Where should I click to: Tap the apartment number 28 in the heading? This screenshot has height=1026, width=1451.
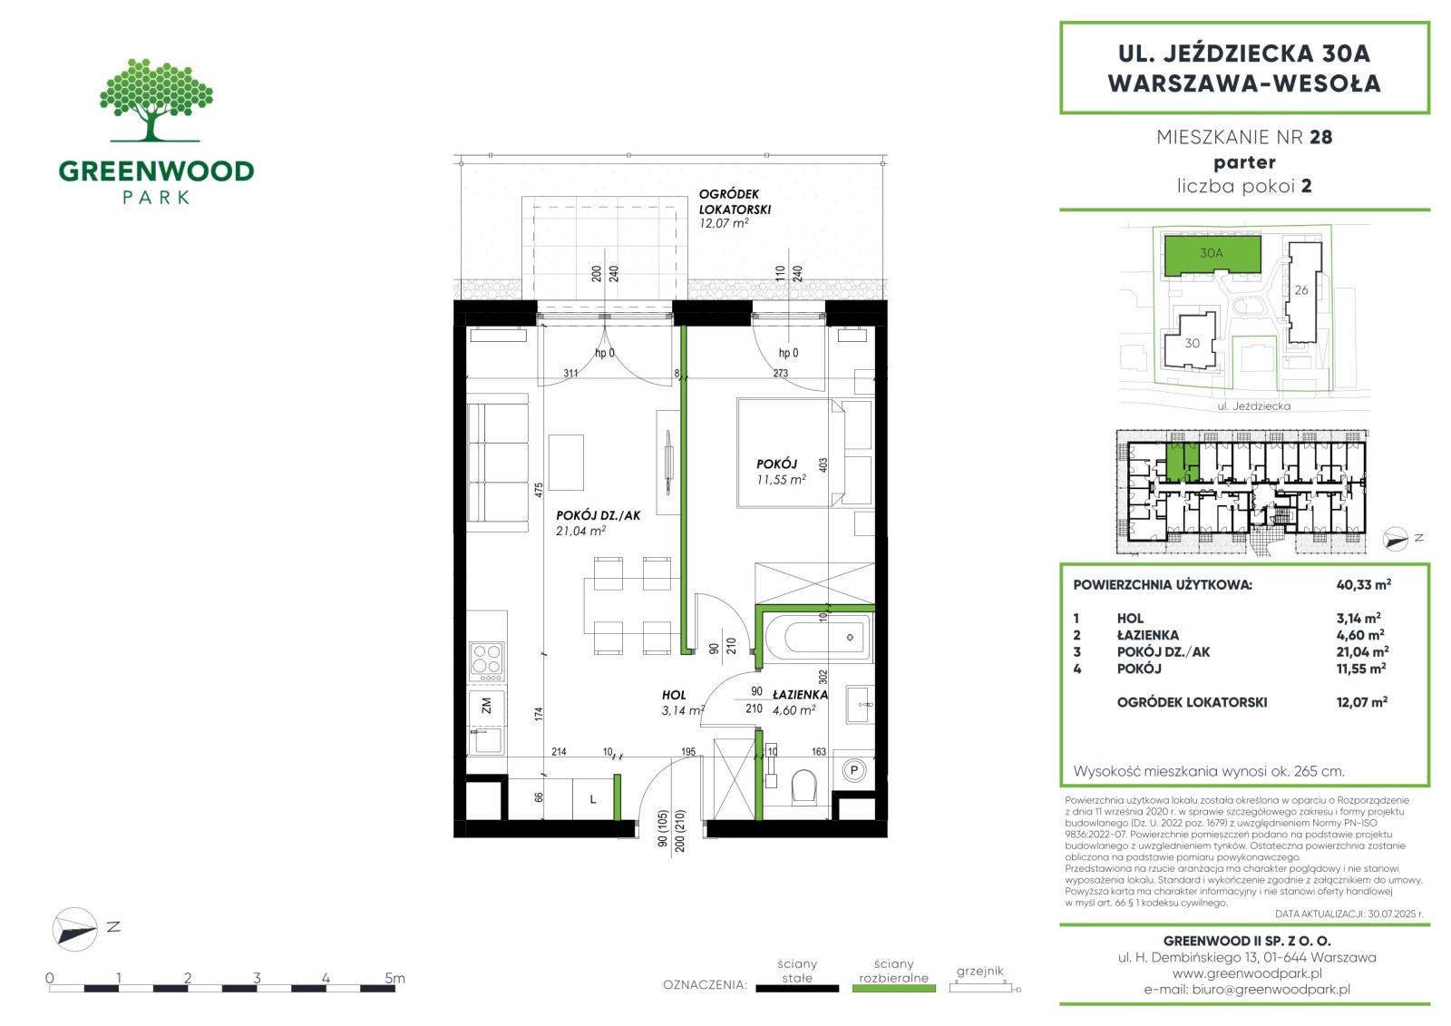[x=1320, y=137]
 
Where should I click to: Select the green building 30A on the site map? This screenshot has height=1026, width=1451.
[x=1212, y=255]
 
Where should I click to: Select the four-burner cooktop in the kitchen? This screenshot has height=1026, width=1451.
[x=486, y=661]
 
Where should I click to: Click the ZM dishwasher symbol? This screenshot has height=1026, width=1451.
[x=486, y=706]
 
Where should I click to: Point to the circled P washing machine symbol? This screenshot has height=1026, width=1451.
[x=853, y=771]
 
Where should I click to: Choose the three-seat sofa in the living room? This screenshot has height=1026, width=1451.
[x=498, y=463]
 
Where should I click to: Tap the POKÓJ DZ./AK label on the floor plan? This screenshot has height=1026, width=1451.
[x=598, y=516]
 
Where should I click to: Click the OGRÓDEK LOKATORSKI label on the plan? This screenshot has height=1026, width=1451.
[x=735, y=201]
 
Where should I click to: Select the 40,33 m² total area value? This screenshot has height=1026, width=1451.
[x=1364, y=584]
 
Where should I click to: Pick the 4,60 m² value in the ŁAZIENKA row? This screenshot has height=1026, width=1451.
[x=1360, y=635]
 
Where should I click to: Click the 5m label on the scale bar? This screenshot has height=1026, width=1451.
[x=394, y=978]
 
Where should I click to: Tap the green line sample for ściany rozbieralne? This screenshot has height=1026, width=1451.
[x=894, y=989]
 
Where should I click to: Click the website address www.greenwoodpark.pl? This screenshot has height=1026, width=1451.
[x=1247, y=973]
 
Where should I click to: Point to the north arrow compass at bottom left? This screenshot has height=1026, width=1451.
[x=74, y=929]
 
